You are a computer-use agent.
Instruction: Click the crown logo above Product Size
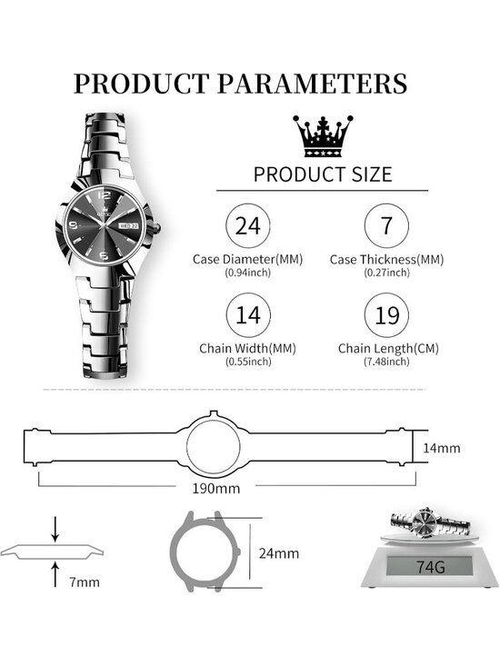323,136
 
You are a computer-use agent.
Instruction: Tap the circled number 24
248,225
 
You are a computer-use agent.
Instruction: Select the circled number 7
386,225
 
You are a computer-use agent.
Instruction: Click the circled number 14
248,315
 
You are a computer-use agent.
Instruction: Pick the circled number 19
386,315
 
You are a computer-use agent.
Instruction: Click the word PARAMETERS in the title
312,84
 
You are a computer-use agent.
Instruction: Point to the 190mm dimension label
215,489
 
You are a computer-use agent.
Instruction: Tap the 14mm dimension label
442,448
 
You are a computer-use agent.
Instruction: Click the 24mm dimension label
279,553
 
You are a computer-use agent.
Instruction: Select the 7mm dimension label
85,582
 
